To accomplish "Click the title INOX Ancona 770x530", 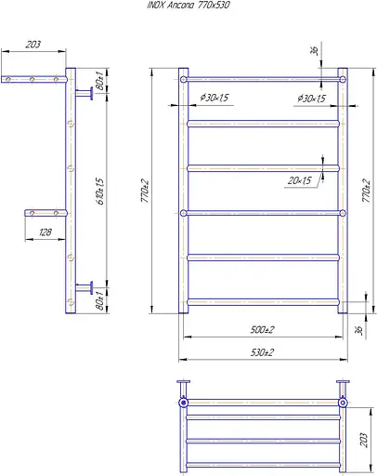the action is click(188, 6).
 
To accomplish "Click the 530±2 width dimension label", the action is click(262, 352).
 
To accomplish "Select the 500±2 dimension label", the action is click(262, 329).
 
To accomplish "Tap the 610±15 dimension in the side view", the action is click(100, 191).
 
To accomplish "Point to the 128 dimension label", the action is click(45, 232).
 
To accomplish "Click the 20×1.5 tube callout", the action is click(300, 180).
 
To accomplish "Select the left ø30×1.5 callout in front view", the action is click(214, 98).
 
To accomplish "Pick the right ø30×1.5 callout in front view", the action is click(311, 99).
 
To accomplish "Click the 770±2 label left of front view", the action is click(145, 191).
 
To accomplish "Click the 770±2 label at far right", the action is click(366, 191).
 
